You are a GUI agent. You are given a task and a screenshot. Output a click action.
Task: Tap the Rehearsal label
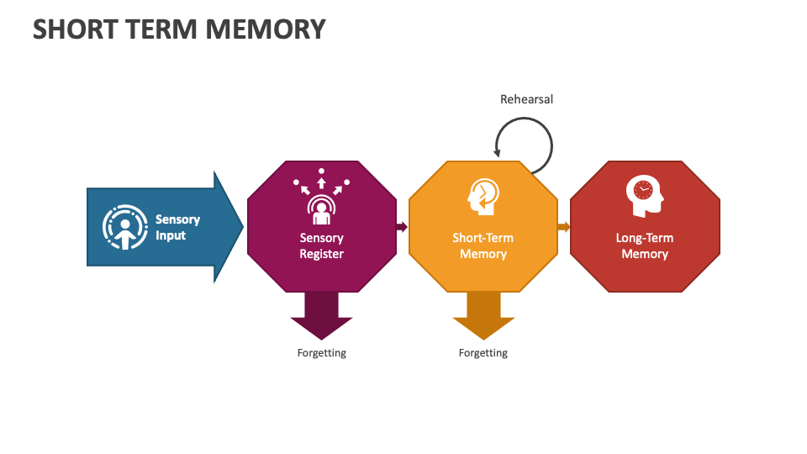pyautogui.click(x=526, y=99)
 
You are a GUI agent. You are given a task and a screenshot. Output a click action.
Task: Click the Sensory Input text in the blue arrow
pyautogui.click(x=177, y=227)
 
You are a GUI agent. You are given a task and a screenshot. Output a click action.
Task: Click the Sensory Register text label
pyautogui.click(x=321, y=245)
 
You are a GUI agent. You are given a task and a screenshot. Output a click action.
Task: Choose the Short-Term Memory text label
pyautogui.click(x=483, y=245)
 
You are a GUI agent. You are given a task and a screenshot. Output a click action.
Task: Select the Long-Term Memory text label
pyautogui.click(x=645, y=245)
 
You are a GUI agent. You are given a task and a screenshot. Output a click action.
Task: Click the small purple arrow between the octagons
pyautogui.click(x=402, y=227)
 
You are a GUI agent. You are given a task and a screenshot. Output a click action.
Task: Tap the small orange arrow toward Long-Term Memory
pyautogui.click(x=563, y=227)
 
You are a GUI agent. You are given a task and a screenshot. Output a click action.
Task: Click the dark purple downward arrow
pyautogui.click(x=321, y=316)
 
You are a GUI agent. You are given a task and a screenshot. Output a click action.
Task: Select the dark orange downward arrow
pyautogui.click(x=483, y=316)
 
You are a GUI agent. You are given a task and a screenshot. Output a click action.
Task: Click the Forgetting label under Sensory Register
pyautogui.click(x=321, y=353)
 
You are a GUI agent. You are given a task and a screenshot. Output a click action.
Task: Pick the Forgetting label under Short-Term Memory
pyautogui.click(x=483, y=353)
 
